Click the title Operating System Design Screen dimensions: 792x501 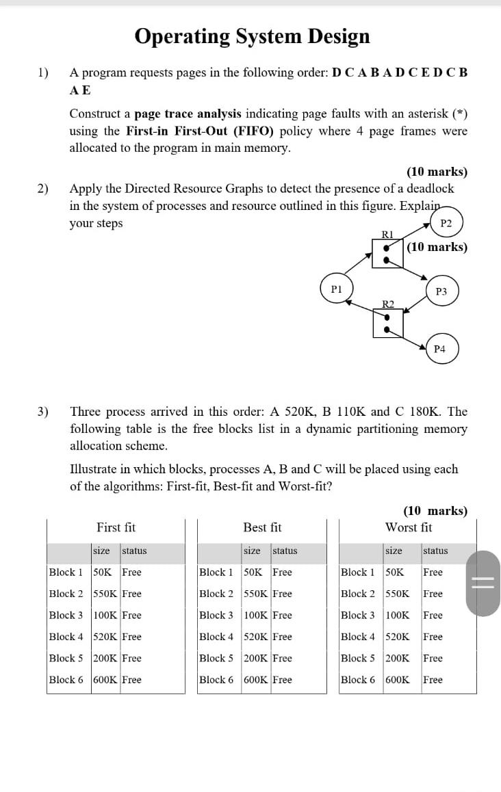(252, 36)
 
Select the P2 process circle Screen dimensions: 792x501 (446, 223)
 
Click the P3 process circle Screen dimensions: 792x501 (441, 291)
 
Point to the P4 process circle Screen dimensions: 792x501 (440, 349)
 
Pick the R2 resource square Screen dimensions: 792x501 (387, 323)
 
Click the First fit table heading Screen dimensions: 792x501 (116, 527)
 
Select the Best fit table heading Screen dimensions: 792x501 (262, 527)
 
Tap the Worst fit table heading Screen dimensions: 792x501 (409, 527)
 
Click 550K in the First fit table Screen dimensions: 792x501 (105, 594)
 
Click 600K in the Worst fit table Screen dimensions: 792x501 (398, 680)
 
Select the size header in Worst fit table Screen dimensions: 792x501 (394, 551)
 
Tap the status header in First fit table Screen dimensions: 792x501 (134, 551)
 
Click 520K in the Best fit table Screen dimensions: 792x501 (256, 637)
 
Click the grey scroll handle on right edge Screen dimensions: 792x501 (483, 583)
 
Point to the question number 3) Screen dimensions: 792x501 (43, 412)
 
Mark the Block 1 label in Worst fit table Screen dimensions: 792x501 (358, 572)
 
